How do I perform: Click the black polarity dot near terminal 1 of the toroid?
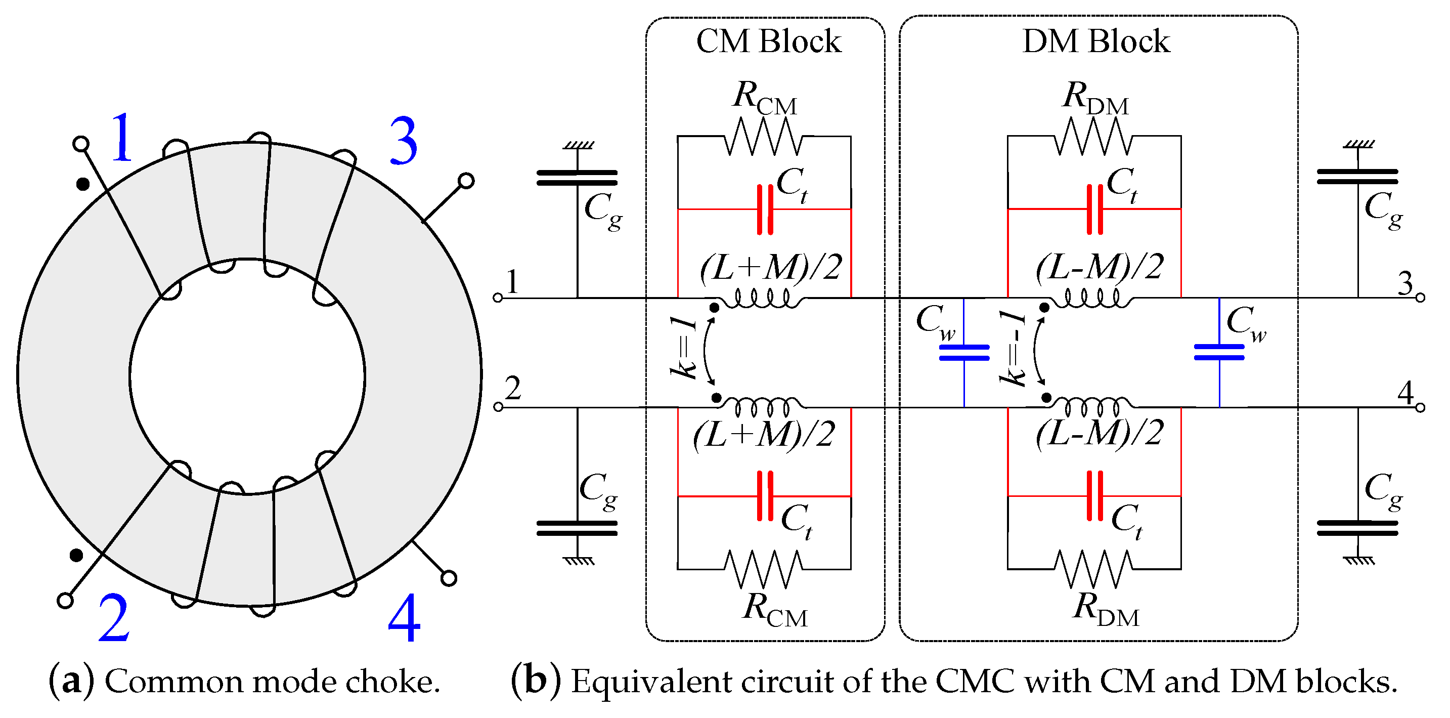click(83, 184)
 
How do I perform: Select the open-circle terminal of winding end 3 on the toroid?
click(466, 181)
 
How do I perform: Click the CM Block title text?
click(768, 41)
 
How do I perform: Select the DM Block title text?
click(1095, 41)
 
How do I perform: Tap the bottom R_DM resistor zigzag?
click(1093, 569)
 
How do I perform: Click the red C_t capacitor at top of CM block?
click(765, 209)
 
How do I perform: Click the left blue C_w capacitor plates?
click(964, 353)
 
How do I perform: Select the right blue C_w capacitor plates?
click(1219, 353)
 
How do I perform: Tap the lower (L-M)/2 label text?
click(1100, 434)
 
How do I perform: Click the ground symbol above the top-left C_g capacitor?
click(578, 146)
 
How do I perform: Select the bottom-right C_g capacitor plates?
click(1357, 528)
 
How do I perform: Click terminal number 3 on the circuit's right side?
click(1405, 283)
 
